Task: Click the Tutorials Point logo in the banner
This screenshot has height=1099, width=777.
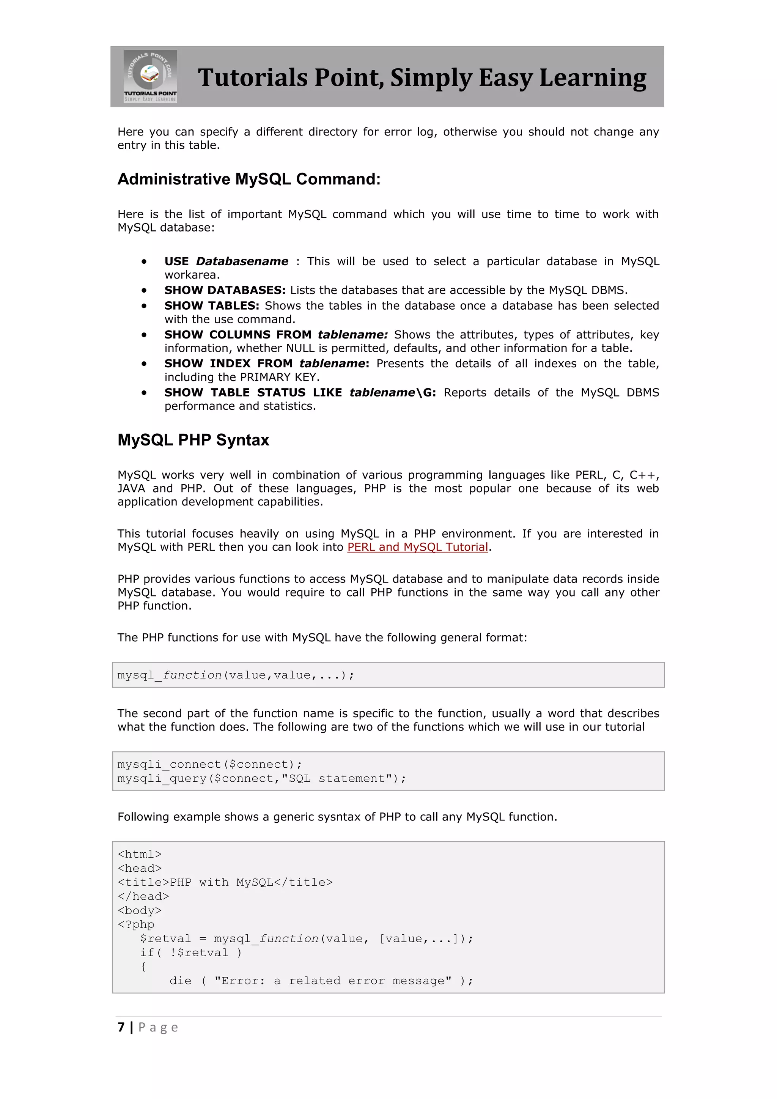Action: (150, 76)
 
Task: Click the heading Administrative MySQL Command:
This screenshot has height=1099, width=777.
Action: (249, 179)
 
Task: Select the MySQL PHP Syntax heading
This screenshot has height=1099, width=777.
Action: (193, 440)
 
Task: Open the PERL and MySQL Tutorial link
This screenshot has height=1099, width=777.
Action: (417, 547)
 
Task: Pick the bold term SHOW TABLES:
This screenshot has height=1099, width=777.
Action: (211, 306)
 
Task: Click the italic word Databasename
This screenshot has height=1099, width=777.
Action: (242, 261)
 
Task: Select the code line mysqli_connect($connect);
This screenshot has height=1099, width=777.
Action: (209, 764)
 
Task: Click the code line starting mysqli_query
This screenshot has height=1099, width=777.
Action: (261, 779)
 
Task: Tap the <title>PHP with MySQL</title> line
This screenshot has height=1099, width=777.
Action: (225, 882)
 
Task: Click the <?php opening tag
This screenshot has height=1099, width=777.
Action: (136, 924)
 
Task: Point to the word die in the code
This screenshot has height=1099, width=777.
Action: (180, 981)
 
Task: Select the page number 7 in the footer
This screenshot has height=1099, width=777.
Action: (121, 1027)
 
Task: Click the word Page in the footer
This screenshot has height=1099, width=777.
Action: (158, 1028)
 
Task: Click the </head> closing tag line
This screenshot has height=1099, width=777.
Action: (143, 896)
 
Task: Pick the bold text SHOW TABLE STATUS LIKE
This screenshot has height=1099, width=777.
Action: (253, 392)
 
